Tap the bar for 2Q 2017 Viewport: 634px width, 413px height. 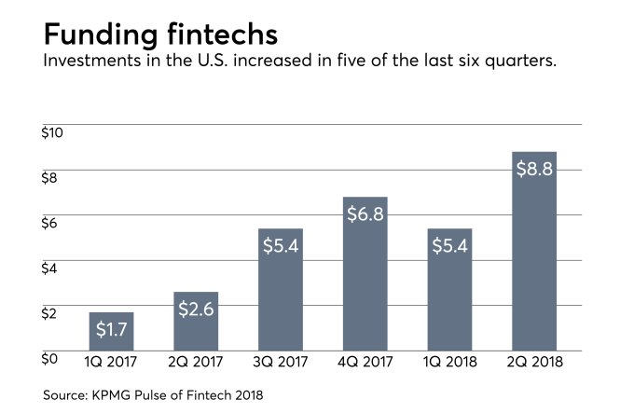[196, 322]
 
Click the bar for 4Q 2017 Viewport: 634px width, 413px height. [365, 280]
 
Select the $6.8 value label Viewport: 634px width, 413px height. [365, 213]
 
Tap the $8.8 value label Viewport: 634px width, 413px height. [534, 169]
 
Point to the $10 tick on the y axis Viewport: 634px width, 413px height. [53, 132]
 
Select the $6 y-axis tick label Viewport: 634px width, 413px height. [50, 223]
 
